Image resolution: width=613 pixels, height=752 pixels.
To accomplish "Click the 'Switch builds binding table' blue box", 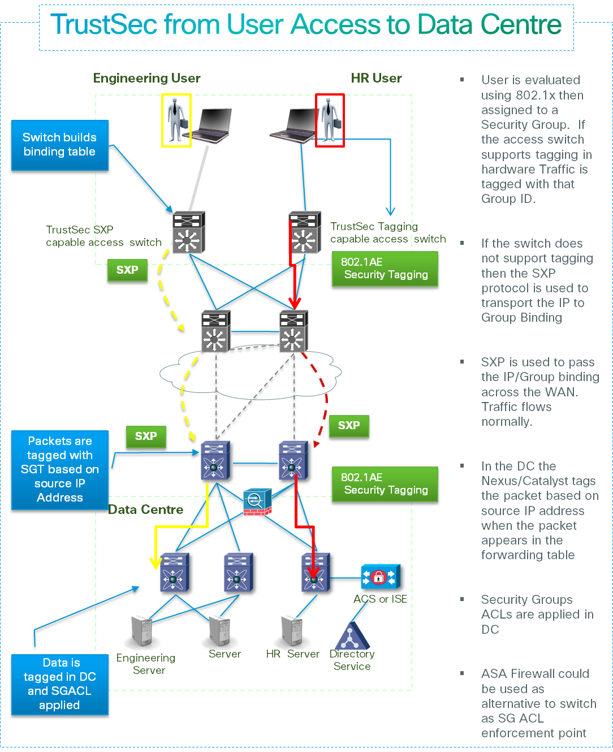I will click(59, 145).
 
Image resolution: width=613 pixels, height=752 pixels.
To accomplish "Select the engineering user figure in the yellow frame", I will click(176, 120).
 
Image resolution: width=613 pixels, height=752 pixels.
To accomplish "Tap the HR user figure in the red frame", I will click(329, 120).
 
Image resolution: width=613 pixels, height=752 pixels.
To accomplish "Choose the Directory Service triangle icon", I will click(352, 637).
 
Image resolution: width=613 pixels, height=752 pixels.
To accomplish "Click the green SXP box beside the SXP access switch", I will click(127, 270).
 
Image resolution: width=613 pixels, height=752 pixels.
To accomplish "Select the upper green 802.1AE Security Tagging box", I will click(385, 269).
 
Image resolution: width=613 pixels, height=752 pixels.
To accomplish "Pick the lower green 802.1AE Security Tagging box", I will click(385, 484).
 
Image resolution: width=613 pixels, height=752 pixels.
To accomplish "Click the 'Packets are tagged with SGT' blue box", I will click(59, 470).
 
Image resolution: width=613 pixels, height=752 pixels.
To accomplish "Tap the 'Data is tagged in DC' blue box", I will click(60, 685).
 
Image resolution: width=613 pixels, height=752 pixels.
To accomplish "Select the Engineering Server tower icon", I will click(141, 631).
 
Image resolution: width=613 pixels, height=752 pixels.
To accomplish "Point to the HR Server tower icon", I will click(292, 631).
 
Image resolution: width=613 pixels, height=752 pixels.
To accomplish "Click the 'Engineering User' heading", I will click(147, 78).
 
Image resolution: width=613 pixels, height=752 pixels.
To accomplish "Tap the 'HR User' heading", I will click(376, 78).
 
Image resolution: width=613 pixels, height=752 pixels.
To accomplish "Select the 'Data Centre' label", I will click(146, 509).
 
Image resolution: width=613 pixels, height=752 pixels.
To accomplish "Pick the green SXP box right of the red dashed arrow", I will click(349, 426).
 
